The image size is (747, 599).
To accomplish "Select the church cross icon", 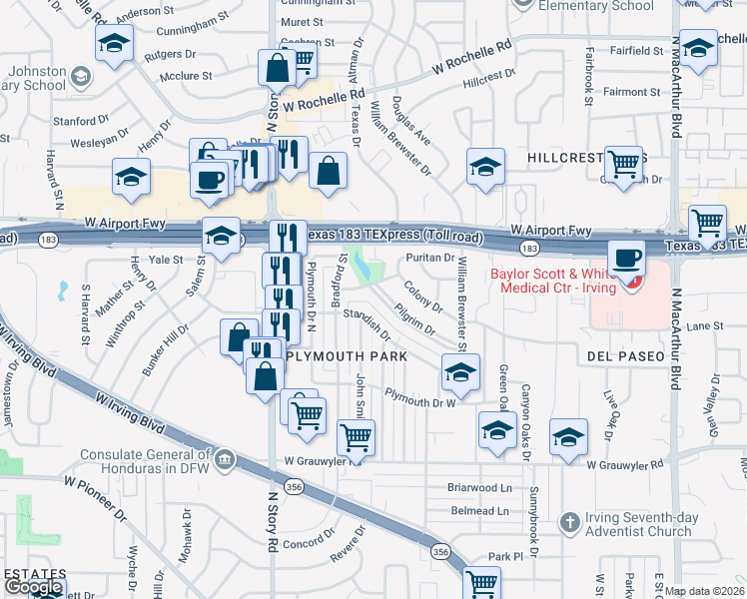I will pos(569,522).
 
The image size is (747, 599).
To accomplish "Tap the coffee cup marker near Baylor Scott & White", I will pos(626,258).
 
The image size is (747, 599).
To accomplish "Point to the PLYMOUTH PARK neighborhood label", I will pos(347,356).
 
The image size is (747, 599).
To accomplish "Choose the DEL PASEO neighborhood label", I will pos(626,356).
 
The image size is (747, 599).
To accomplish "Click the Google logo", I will pos(33,586).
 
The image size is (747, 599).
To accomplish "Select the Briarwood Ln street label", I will pos(479,488).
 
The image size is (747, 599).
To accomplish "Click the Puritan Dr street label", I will pos(430,258).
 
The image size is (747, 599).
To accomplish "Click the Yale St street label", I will pos(166,259).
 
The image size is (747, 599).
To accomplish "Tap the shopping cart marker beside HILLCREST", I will pos(624,163).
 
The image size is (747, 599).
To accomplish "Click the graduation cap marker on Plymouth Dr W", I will pos(460,372).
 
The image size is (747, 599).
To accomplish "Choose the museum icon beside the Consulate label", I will pos(224,460).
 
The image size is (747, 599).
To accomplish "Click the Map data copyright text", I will pos(704,590).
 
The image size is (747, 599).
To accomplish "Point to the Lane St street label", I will pos(704,325).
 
